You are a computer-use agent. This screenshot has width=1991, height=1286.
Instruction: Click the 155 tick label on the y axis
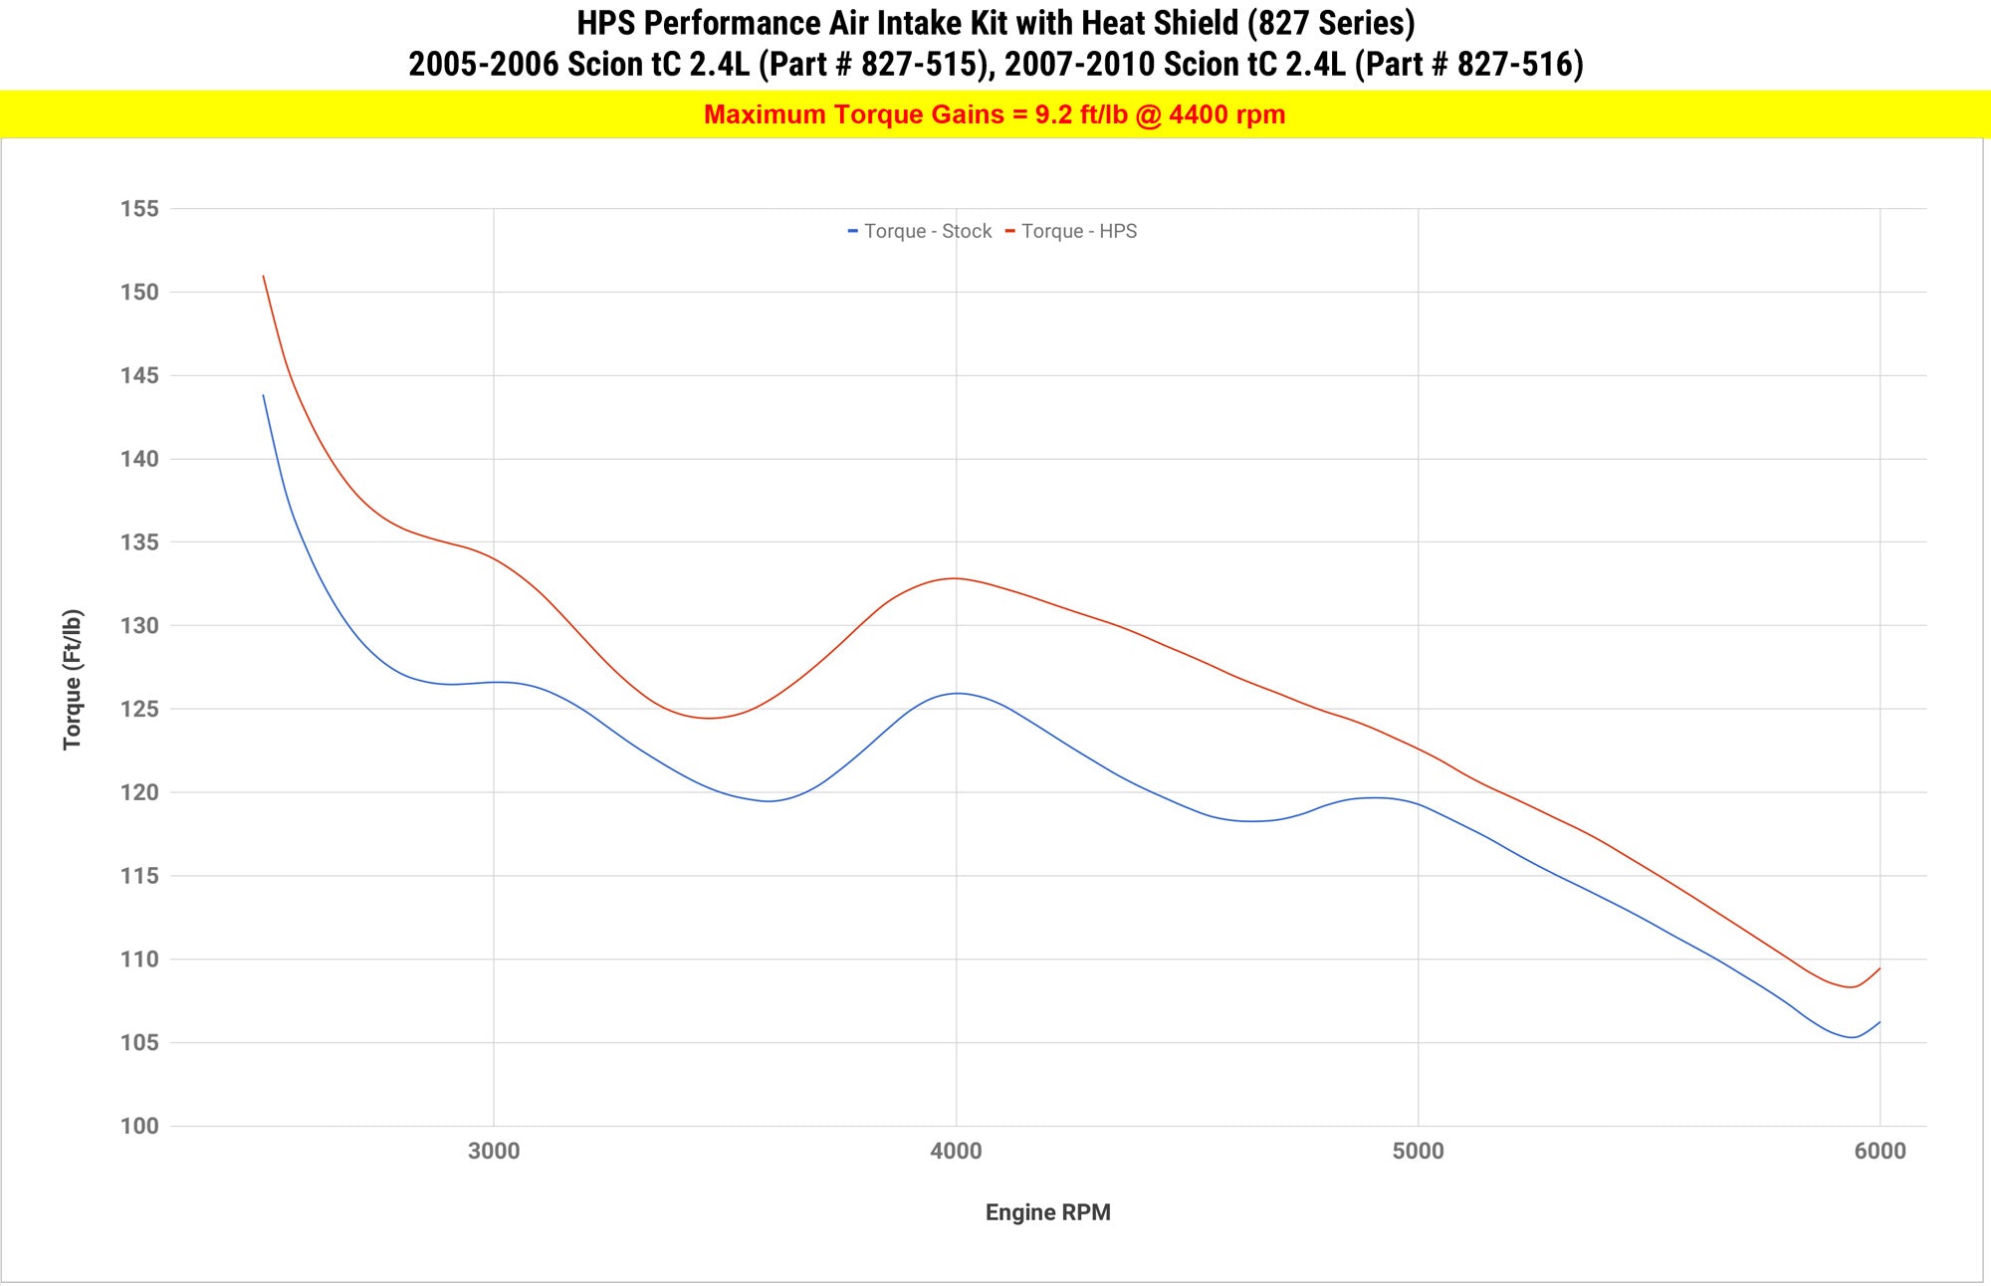click(x=139, y=209)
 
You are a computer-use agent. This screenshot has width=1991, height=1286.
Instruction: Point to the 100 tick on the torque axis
click(x=139, y=1127)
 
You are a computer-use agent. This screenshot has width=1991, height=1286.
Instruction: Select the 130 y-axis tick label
click(x=139, y=626)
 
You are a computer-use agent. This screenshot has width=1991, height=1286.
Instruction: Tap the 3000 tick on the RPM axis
click(x=494, y=1152)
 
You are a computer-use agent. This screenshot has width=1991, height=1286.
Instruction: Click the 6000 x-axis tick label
click(x=1880, y=1152)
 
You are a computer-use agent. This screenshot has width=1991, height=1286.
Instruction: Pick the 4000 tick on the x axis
click(x=956, y=1152)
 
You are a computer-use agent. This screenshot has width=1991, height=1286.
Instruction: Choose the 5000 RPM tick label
click(x=1418, y=1152)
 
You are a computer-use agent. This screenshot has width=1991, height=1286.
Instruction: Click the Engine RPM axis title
click(x=1047, y=1212)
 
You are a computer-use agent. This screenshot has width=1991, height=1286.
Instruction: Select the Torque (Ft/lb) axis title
click(x=73, y=679)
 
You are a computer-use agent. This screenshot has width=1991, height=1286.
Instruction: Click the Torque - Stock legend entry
click(x=927, y=231)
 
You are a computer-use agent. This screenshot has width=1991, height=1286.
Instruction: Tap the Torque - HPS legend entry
click(x=1078, y=231)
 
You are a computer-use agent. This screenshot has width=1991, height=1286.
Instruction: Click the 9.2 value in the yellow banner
click(x=1052, y=114)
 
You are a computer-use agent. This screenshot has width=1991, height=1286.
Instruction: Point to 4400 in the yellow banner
click(x=1199, y=114)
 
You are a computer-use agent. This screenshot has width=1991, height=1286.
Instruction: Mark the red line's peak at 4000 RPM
click(x=956, y=578)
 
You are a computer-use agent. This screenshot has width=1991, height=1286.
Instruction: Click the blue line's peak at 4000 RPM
click(x=956, y=693)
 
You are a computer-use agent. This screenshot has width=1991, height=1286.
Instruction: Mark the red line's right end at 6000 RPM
click(x=1880, y=968)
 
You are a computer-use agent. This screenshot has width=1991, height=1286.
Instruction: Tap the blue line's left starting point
click(x=264, y=395)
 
